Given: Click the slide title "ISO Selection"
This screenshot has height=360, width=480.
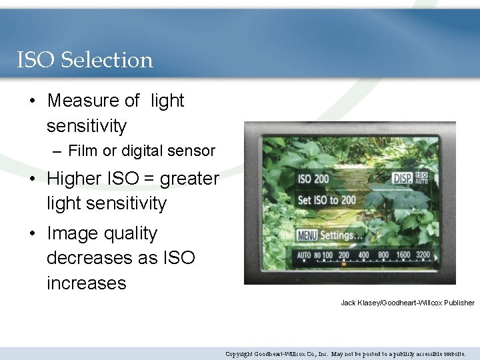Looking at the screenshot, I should pyautogui.click(x=85, y=60).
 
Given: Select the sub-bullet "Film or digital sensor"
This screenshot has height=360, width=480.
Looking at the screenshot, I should pyautogui.click(x=141, y=151).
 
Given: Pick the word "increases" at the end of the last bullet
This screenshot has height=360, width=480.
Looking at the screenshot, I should pyautogui.click(x=86, y=283).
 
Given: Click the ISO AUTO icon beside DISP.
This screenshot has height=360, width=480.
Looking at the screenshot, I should pyautogui.click(x=421, y=178).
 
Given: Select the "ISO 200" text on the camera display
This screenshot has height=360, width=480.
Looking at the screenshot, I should pyautogui.click(x=313, y=179).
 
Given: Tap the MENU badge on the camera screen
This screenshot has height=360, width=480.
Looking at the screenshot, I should pyautogui.click(x=307, y=235).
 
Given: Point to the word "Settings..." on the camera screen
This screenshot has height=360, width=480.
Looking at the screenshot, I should pyautogui.click(x=341, y=235).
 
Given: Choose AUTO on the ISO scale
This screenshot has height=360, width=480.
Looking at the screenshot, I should pyautogui.click(x=304, y=255).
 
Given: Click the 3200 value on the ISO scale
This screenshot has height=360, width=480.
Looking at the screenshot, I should pyautogui.click(x=423, y=255).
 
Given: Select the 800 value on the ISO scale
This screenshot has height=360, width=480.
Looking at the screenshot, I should pyautogui.click(x=383, y=255).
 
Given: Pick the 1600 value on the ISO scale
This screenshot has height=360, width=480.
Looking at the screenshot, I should pyautogui.click(x=403, y=255).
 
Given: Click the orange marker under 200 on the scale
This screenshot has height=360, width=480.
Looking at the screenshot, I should pyautogui.click(x=344, y=265).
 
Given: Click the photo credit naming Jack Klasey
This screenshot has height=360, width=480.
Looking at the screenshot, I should pyautogui.click(x=407, y=303).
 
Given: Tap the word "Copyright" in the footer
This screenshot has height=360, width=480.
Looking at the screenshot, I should pyautogui.click(x=239, y=354).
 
